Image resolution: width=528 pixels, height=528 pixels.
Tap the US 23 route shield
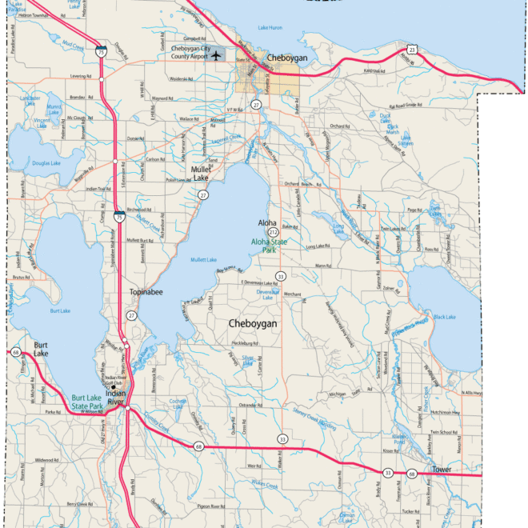coord(410,50)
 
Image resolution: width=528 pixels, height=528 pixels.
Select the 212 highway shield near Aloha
coord(272,232)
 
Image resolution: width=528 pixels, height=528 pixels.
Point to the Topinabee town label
coord(146,293)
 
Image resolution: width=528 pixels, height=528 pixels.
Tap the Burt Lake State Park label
coord(87,402)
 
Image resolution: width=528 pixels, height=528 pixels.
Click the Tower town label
coord(442,469)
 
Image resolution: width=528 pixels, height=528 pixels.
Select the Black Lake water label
coord(444,318)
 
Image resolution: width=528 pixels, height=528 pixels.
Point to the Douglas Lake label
coord(46,163)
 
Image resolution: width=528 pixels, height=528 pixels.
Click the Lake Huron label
coord(270,28)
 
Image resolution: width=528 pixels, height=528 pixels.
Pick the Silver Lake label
coord(247,359)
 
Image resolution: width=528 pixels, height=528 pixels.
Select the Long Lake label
coord(338,227)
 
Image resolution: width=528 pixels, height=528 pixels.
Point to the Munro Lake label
coord(54,109)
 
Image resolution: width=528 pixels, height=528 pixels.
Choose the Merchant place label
coord(293,294)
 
